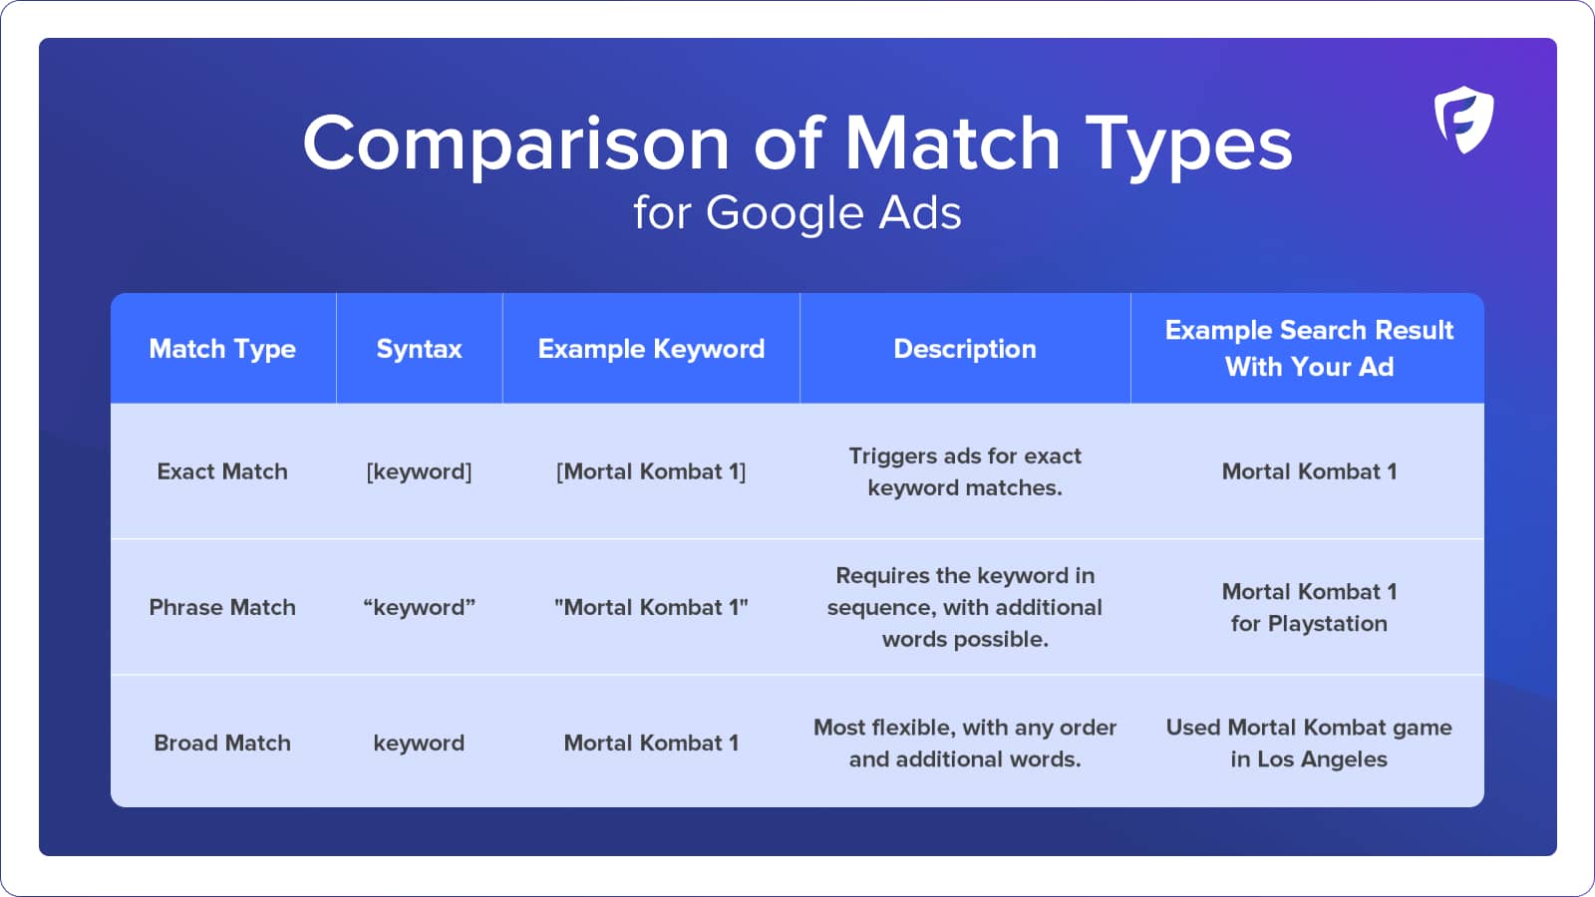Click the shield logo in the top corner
tap(1464, 120)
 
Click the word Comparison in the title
tap(516, 146)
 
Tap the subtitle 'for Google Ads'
tap(797, 212)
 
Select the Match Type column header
tap(222, 349)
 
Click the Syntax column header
tap(420, 349)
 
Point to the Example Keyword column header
tap(652, 349)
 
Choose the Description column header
tap(965, 349)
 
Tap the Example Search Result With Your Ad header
tap(1309, 348)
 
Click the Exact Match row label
tap(222, 471)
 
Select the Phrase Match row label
tap(222, 607)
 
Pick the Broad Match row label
tap(222, 743)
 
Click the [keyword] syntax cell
tap(420, 471)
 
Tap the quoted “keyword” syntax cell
tap(420, 607)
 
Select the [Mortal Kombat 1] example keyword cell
tap(652, 471)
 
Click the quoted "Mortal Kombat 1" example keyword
tap(652, 607)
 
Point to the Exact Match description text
tap(965, 471)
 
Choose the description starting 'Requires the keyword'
tap(965, 607)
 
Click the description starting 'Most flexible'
tap(965, 743)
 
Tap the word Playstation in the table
tap(1328, 624)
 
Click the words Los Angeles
tap(1322, 759)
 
